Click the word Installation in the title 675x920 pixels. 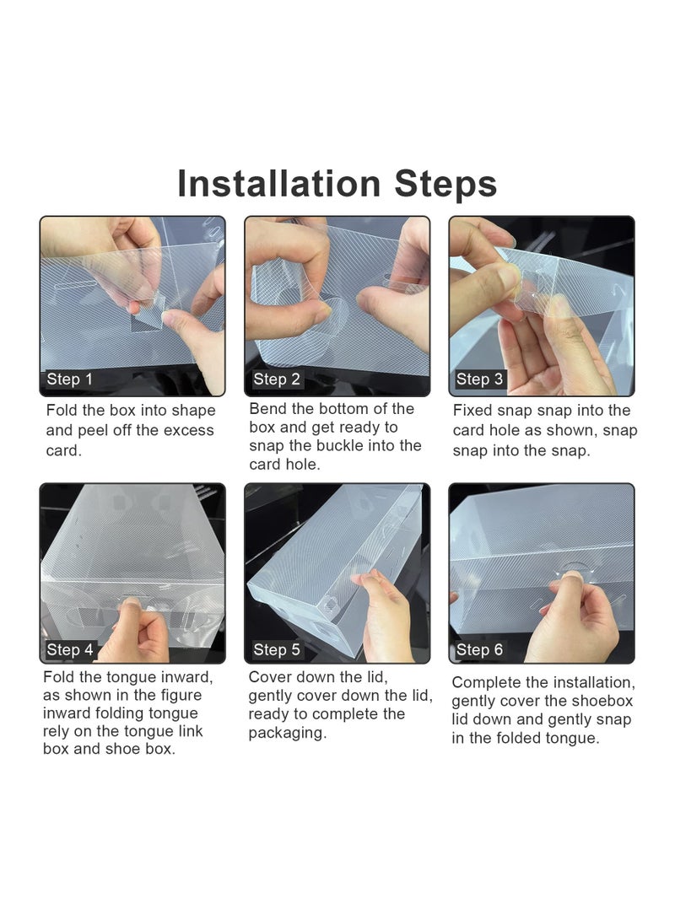[x=279, y=183]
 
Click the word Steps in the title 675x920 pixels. [x=445, y=184]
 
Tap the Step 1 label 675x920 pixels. [x=69, y=379]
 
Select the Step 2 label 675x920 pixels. [x=277, y=379]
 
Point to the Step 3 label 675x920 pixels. [x=479, y=379]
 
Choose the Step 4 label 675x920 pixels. [x=70, y=649]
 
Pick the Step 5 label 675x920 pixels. [x=277, y=649]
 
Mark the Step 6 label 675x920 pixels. [x=479, y=649]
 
